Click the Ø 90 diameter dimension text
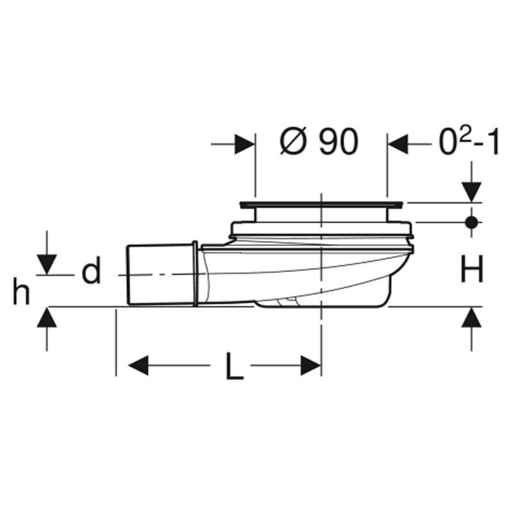click(319, 142)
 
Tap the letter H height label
click(471, 269)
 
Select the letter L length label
click(235, 366)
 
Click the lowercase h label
click(21, 291)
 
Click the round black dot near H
click(471, 223)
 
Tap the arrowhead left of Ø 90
click(245, 144)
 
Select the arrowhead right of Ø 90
click(398, 144)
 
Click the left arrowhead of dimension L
click(138, 365)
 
